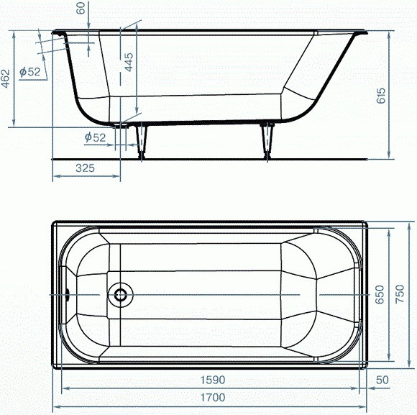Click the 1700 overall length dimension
click(x=213, y=398)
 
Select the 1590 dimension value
click(x=213, y=380)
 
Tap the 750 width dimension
click(x=400, y=293)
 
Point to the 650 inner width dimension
click(x=380, y=294)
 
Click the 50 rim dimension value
click(x=382, y=380)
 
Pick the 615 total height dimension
click(x=381, y=95)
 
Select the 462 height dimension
click(x=6, y=78)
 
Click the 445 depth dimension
click(x=129, y=62)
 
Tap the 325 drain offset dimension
click(x=85, y=168)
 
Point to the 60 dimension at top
click(x=81, y=8)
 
